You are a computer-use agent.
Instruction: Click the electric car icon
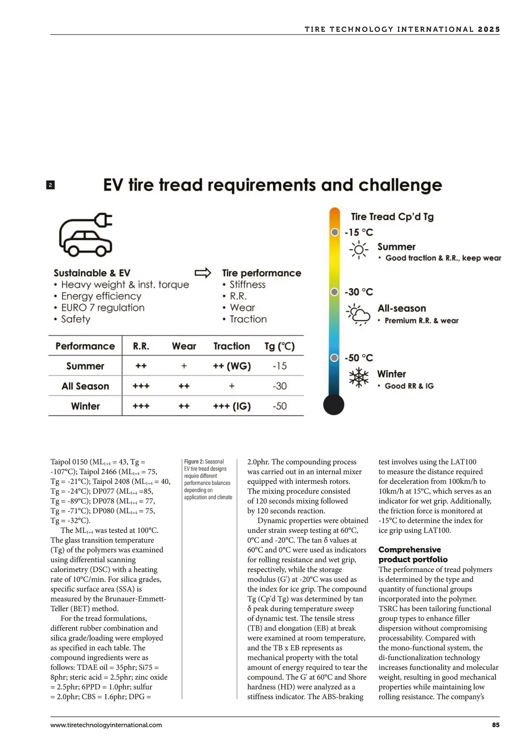click(86, 235)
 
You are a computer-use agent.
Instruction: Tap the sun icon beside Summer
click(359, 250)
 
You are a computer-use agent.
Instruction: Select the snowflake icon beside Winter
click(359, 378)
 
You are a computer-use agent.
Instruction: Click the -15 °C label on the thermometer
click(359, 232)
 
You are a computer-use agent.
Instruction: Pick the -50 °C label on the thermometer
click(359, 358)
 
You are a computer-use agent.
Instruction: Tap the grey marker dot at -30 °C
click(335, 292)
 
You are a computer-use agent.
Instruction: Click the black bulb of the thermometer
click(333, 405)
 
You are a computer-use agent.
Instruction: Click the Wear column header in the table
click(184, 346)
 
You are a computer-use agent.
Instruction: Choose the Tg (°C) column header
click(279, 346)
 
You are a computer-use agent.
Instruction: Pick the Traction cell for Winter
click(232, 406)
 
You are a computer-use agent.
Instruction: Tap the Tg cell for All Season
click(280, 386)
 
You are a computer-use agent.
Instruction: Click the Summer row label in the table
click(85, 366)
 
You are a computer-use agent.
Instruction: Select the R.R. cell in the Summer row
click(141, 366)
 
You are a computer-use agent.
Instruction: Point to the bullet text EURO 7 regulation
click(102, 307)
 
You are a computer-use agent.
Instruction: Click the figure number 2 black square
click(50, 185)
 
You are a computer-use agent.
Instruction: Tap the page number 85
click(496, 725)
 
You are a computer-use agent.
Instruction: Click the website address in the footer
click(106, 725)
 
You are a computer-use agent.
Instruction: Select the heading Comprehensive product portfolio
click(413, 554)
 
